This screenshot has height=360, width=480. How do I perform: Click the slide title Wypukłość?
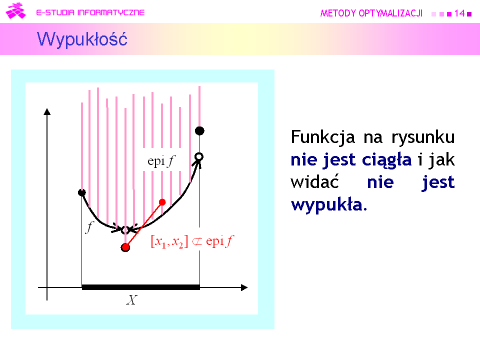click(82, 39)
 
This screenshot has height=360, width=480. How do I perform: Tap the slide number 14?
click(459, 13)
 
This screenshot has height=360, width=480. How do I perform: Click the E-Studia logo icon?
click(15, 10)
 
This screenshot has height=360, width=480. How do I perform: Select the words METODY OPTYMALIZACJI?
click(371, 13)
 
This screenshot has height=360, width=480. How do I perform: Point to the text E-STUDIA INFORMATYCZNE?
click(90, 12)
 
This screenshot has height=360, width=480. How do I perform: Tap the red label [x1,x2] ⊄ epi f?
click(192, 241)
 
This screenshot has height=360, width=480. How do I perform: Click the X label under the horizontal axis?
click(132, 299)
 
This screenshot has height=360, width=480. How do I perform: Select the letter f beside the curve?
click(89, 227)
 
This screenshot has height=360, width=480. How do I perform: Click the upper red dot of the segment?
click(162, 202)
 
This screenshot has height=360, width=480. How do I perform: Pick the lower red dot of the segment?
click(125, 247)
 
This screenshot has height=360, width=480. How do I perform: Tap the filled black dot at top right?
click(199, 130)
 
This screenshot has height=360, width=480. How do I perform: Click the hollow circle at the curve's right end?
click(199, 156)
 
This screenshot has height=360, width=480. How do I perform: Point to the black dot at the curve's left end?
click(81, 192)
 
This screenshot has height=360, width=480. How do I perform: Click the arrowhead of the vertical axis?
click(47, 111)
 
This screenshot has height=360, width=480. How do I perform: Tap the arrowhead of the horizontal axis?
click(244, 287)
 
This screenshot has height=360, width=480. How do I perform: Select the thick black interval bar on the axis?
click(141, 287)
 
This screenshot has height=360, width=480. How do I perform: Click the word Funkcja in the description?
click(322, 137)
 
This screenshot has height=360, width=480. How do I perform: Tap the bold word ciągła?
click(386, 160)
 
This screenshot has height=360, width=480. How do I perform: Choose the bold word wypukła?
click(329, 205)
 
